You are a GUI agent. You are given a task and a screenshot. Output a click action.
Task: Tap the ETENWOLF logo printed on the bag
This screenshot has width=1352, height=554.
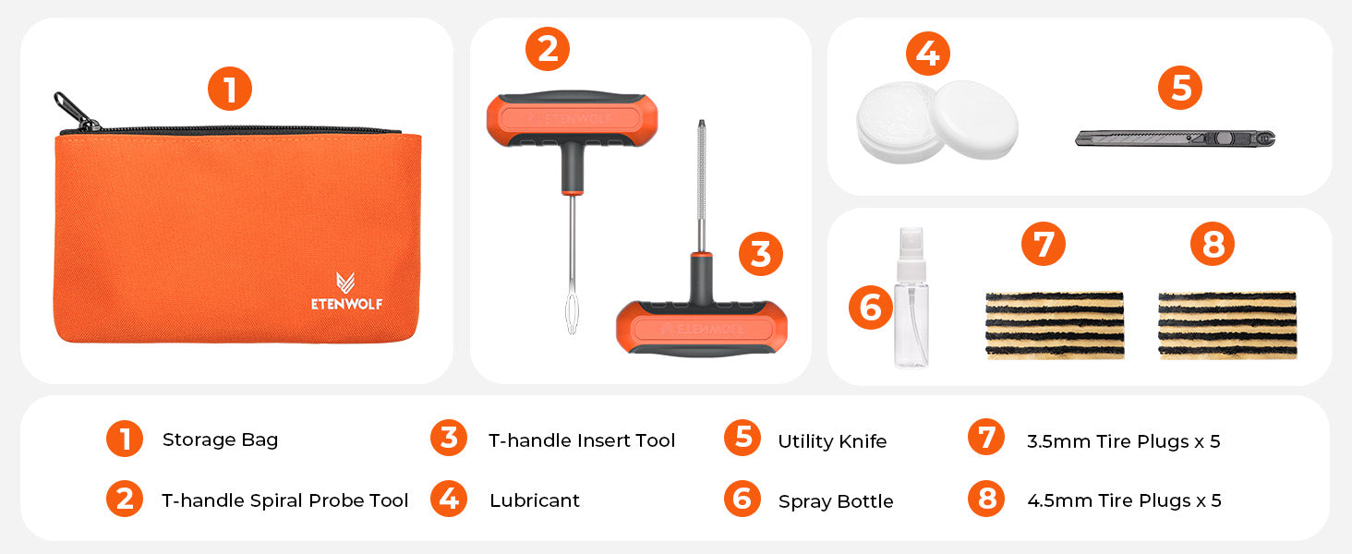[346, 293]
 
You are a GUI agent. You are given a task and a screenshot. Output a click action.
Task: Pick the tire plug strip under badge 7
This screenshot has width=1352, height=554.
[1055, 325]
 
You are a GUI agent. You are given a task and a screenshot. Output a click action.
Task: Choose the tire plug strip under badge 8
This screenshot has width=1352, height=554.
[1226, 325]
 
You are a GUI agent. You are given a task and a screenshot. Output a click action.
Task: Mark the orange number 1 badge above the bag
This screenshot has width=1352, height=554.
[229, 90]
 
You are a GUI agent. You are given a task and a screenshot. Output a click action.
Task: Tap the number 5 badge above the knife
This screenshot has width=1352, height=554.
[1180, 89]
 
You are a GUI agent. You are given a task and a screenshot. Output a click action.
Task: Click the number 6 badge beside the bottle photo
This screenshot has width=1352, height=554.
[871, 307]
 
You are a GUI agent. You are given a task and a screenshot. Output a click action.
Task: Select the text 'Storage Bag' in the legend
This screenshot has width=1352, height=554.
[220, 440]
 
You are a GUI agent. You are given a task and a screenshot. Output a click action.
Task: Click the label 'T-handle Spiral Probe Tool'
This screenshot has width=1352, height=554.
[284, 500]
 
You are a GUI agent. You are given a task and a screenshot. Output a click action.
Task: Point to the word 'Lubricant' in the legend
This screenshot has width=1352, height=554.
[535, 500]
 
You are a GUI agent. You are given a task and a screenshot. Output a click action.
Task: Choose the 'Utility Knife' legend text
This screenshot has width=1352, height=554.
[832, 441]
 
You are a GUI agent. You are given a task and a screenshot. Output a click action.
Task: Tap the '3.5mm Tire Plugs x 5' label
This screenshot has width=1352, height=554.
[1123, 441]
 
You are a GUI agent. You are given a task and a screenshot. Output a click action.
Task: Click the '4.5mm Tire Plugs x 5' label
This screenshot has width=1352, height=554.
[1124, 500]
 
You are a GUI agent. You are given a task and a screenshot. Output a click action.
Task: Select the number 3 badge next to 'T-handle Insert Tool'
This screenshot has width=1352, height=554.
[449, 438]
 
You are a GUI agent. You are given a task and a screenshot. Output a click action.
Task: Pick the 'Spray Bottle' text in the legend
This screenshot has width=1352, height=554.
[836, 501]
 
